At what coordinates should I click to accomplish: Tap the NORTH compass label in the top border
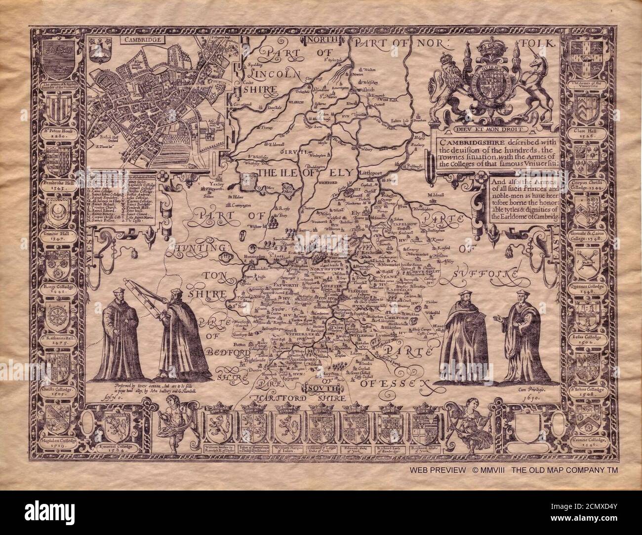point(321,40)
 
